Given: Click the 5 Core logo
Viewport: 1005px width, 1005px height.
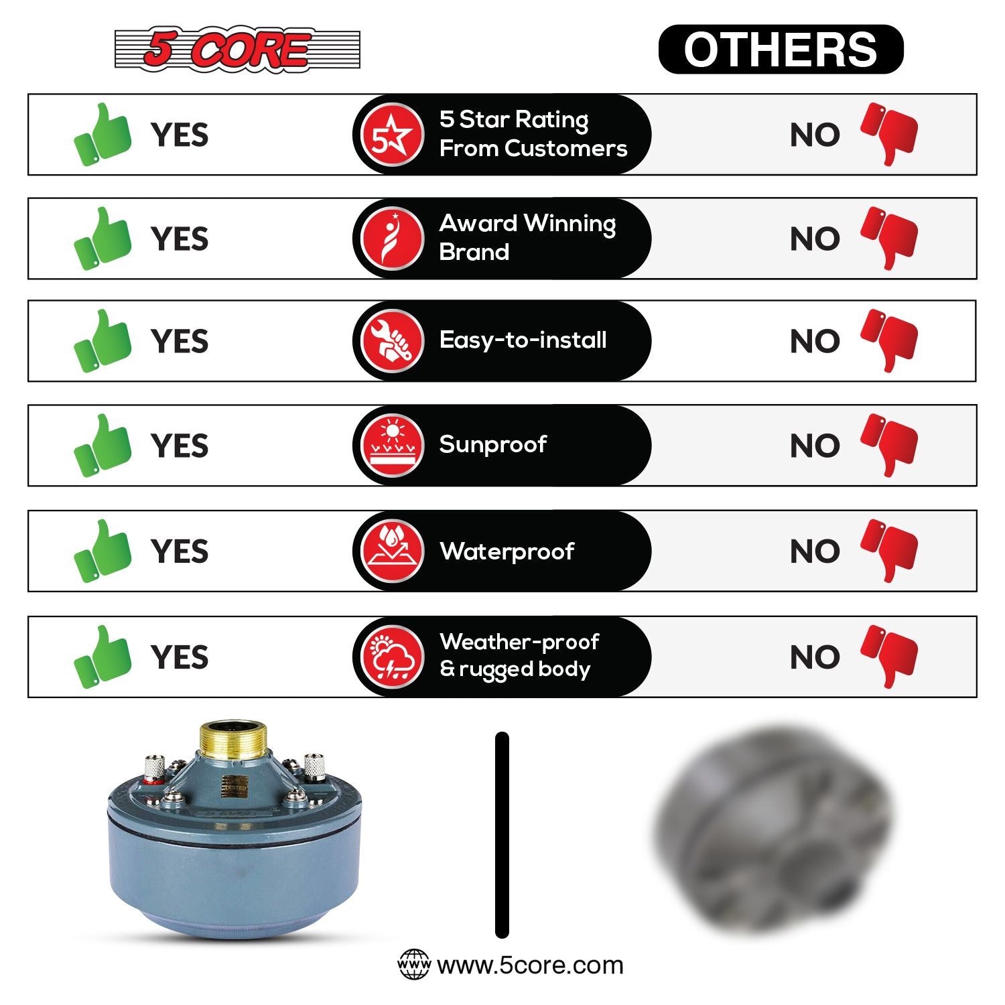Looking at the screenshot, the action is coord(237,49).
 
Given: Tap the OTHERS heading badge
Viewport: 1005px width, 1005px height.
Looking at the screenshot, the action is coord(781,49).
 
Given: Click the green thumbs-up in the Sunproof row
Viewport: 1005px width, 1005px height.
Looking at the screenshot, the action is coord(103,446).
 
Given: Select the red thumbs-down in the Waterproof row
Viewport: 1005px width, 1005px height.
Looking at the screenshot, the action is coord(889,551).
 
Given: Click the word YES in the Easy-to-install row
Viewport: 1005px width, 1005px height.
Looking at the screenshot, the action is coord(180,342).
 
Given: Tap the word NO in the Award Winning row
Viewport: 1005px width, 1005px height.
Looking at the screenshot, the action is coord(815,239).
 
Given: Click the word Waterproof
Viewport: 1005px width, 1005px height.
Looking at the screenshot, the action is coord(507,551).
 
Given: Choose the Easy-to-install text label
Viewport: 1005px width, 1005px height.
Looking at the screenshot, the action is coord(523,340).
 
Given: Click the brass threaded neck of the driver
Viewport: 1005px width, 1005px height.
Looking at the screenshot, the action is coord(234,740).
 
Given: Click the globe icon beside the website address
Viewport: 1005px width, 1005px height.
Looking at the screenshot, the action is coord(414,965).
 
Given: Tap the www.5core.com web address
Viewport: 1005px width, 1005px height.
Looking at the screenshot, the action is coord(530,965).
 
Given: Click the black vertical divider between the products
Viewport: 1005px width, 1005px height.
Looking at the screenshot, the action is coord(502,835).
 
